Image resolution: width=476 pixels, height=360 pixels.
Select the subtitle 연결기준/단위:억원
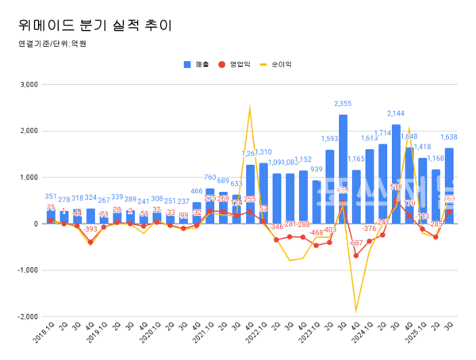coord(49,44)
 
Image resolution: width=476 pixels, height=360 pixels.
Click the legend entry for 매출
coord(196,63)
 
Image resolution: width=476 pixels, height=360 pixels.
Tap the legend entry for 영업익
coord(240,63)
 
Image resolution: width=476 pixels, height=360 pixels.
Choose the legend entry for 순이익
coord(282,63)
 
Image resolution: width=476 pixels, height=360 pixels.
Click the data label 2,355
coord(343,104)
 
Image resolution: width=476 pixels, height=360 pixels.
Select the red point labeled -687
coord(356,255)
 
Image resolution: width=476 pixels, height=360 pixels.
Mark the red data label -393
coord(90,229)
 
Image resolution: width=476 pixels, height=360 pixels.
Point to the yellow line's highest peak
coord(250,108)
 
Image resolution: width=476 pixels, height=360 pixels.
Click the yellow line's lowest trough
coord(356,311)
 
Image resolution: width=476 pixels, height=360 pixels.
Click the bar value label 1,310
coord(263,152)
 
